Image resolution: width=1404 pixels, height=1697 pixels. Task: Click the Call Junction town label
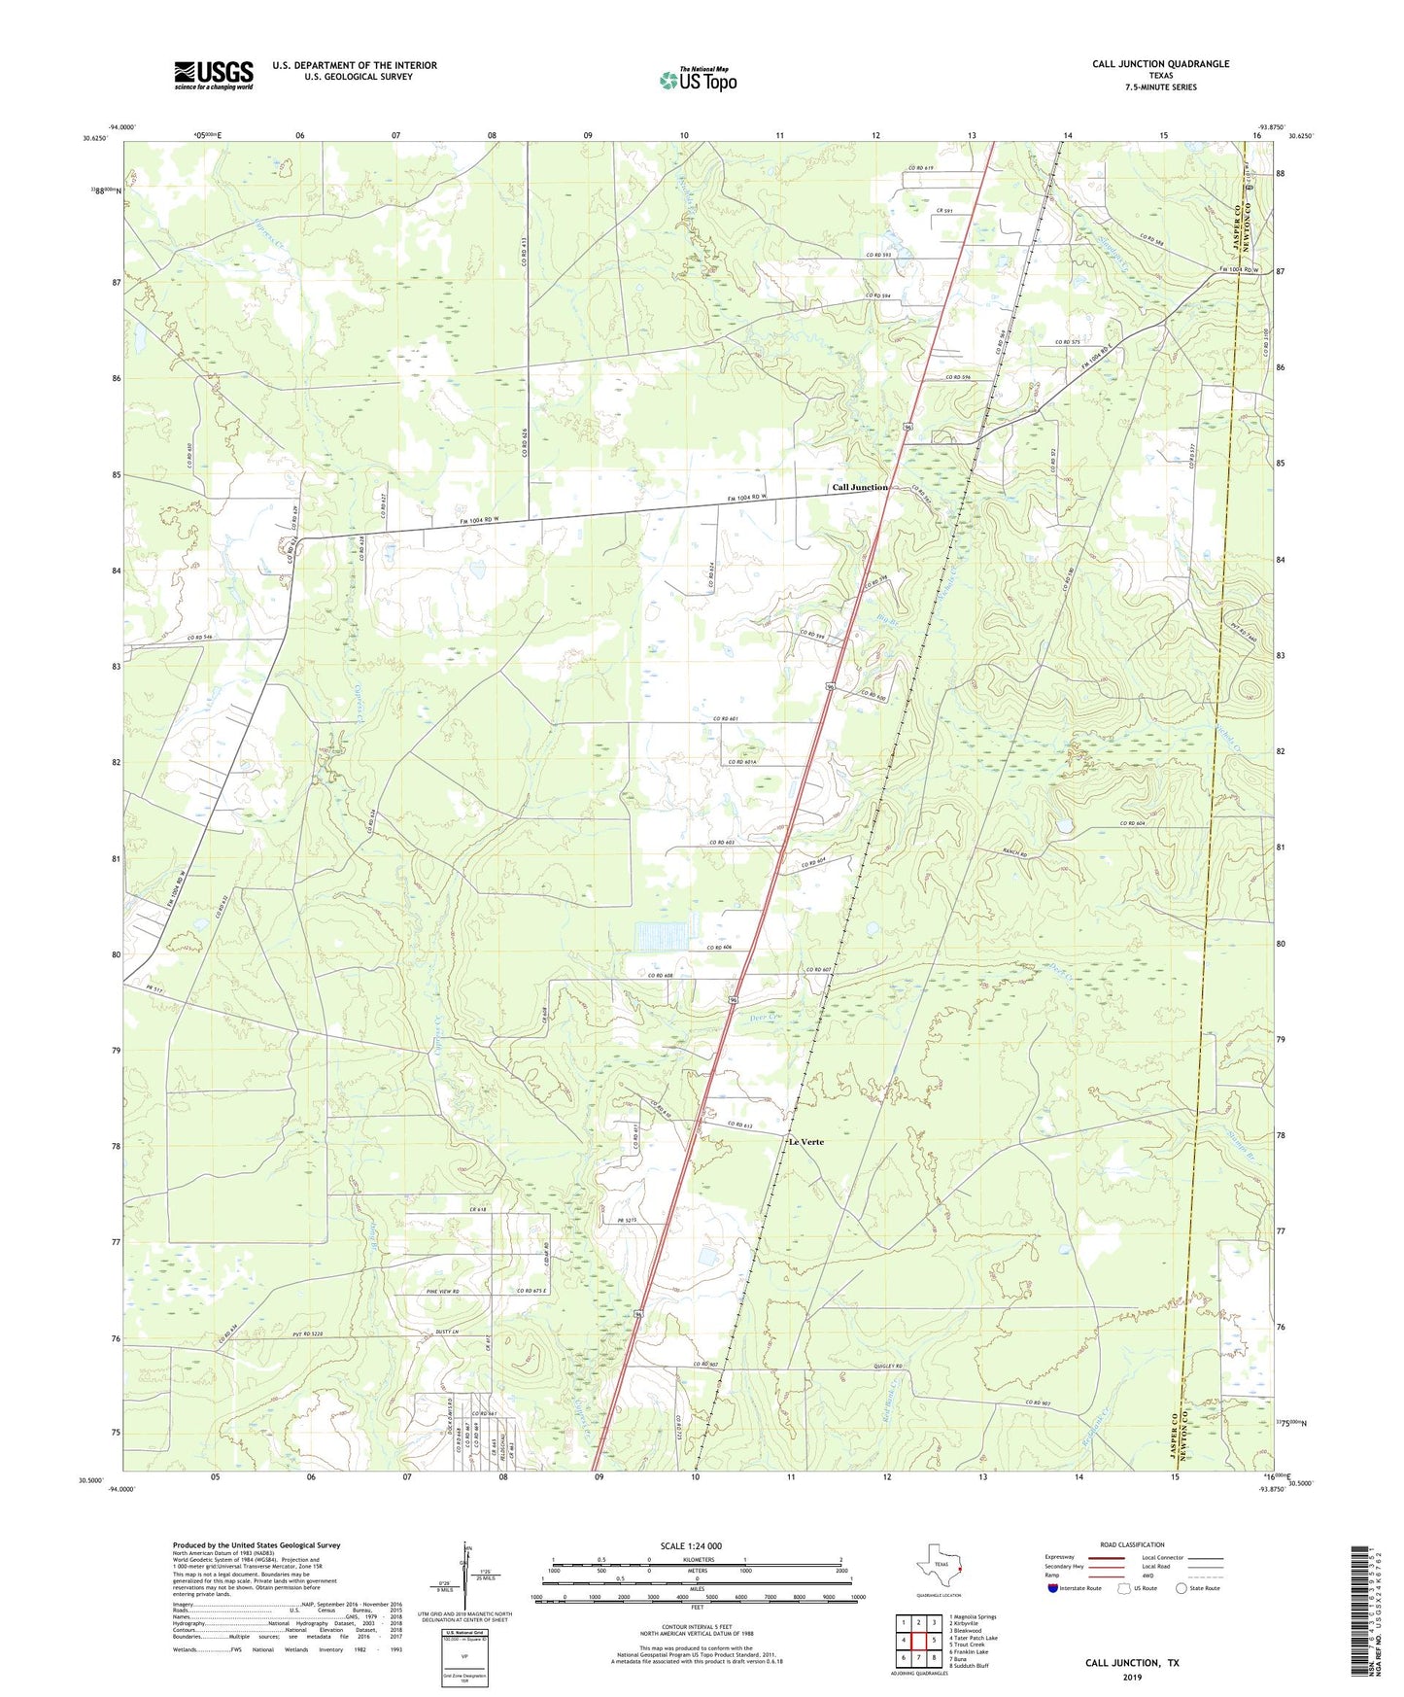point(859,487)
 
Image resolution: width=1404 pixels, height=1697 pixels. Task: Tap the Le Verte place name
point(805,1142)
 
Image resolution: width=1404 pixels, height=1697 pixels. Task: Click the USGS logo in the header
point(214,75)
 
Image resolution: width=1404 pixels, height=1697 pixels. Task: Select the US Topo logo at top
point(698,80)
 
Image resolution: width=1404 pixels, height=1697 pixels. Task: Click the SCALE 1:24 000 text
point(691,1546)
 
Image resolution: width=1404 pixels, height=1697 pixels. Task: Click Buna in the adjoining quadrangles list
point(975,1658)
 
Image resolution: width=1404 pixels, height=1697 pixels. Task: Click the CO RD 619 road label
point(919,169)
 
